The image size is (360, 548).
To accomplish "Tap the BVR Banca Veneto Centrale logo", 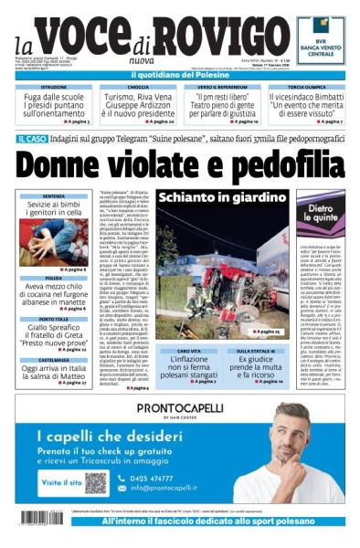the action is [x=321, y=42].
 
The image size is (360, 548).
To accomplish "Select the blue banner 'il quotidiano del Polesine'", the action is [x=179, y=72].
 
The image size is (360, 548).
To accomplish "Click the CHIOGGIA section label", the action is [x=139, y=87].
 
